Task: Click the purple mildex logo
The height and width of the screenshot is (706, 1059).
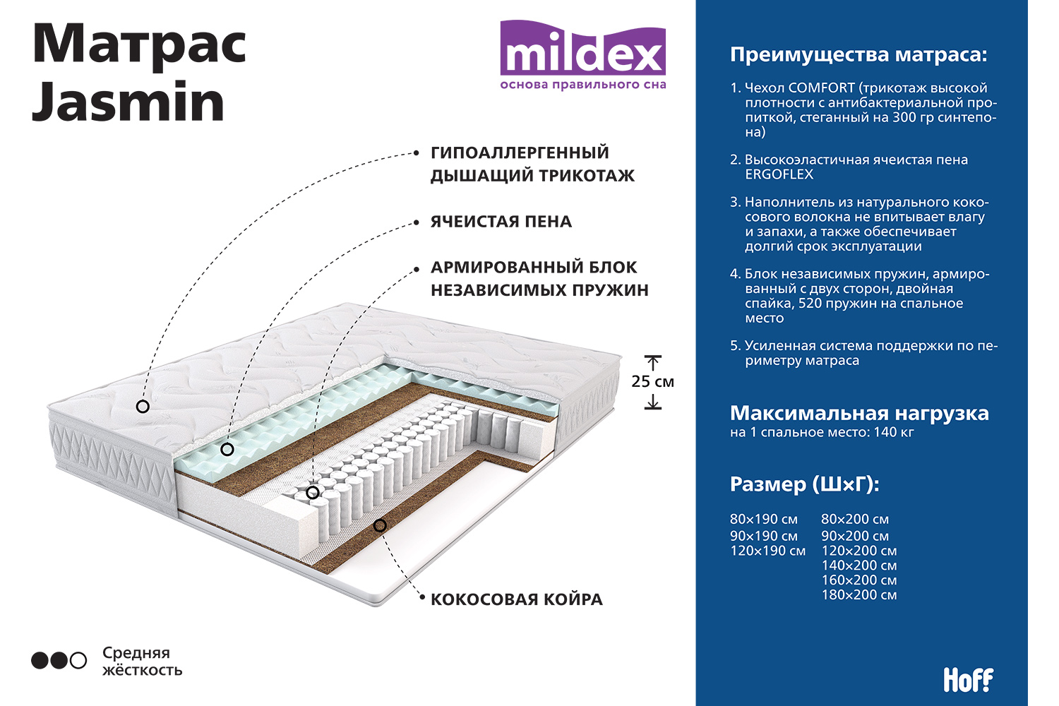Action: (583, 54)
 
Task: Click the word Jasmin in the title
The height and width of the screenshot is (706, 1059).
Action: (128, 102)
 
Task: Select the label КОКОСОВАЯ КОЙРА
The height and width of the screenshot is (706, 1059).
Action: (517, 599)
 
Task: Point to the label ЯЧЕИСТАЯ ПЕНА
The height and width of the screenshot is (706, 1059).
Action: (501, 221)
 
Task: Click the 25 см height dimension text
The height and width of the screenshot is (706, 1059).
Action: (652, 381)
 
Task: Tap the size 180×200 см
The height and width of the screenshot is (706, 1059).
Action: (859, 594)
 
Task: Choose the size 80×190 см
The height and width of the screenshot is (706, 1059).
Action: (763, 519)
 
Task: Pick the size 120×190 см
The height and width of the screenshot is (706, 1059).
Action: (768, 551)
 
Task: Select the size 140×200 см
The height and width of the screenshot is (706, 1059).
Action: (859, 565)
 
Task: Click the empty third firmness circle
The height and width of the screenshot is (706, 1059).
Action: (78, 661)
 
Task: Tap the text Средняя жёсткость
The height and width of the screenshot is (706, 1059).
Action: (142, 661)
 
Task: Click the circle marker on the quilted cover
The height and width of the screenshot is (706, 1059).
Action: (143, 406)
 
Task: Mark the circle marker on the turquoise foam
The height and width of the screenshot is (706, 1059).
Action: (227, 449)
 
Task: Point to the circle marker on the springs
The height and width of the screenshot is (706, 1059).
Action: (313, 493)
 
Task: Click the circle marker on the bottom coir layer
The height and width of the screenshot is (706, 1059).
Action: (380, 525)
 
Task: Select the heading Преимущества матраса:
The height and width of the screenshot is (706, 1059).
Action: (858, 55)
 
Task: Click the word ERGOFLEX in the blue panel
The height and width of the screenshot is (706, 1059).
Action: (779, 174)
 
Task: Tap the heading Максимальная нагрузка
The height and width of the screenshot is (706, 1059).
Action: (859, 413)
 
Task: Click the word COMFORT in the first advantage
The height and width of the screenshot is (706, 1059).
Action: (821, 88)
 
